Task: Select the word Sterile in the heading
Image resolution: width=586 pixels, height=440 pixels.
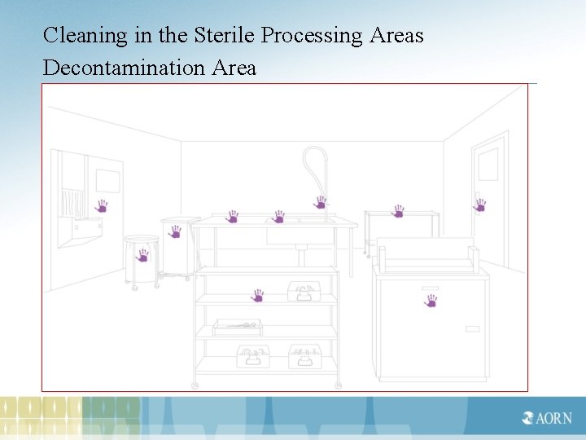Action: [x=225, y=36]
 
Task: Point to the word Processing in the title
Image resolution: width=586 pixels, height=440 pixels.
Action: [x=311, y=36]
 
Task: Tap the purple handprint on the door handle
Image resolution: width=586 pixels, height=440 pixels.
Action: [x=480, y=205]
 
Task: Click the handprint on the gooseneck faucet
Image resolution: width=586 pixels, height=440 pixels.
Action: [x=321, y=202]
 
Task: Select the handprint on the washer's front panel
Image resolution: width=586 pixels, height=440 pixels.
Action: [x=431, y=301]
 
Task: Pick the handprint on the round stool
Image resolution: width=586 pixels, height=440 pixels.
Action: [x=143, y=255]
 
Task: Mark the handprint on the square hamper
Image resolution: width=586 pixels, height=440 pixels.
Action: [x=174, y=231]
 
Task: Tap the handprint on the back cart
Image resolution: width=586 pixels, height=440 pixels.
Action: [x=398, y=211]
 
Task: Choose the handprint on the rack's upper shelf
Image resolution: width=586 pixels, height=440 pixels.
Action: [x=258, y=295]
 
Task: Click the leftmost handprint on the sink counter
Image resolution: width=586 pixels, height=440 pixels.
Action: [x=233, y=217]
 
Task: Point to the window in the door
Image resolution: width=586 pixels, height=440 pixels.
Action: [x=488, y=164]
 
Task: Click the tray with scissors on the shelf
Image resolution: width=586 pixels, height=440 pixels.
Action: [x=238, y=327]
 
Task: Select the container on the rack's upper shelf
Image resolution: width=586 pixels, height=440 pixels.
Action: [x=306, y=292]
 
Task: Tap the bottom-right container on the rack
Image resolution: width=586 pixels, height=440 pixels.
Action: [x=304, y=356]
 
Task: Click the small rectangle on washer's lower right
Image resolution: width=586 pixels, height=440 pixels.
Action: [x=472, y=329]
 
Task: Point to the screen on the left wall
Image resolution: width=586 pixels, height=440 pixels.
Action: [x=108, y=180]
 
